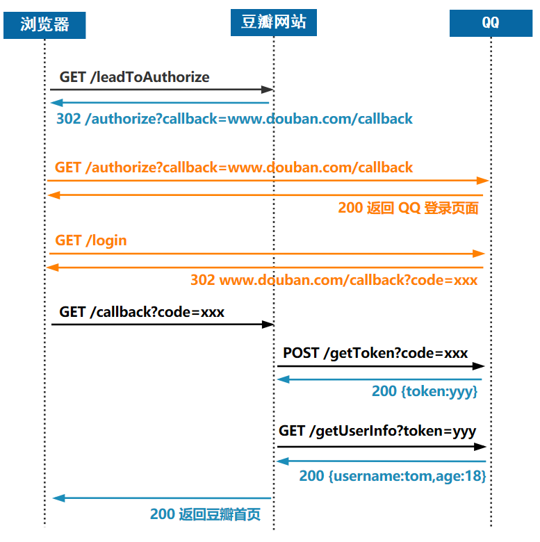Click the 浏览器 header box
(44, 25)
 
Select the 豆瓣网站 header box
(273, 22)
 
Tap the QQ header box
(491, 23)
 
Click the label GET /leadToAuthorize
(134, 77)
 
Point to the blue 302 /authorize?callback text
(234, 119)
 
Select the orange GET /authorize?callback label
(234, 167)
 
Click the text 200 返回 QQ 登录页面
(408, 208)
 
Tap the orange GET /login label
(91, 240)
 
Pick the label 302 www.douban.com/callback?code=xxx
(334, 280)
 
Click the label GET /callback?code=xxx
(142, 312)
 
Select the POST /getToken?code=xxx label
(375, 353)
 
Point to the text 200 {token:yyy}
(425, 391)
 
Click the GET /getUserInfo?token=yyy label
(377, 431)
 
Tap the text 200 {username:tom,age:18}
(392, 476)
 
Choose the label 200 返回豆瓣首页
(205, 515)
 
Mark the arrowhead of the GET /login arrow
(479, 254)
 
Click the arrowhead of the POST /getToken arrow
(479, 366)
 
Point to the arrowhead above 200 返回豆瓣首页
(58, 498)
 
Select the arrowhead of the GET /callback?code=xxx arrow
(268, 325)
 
